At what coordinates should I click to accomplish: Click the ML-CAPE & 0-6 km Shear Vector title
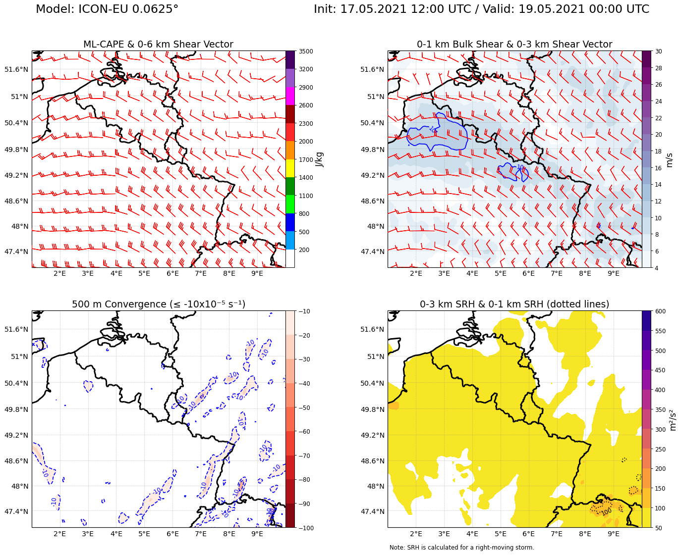click(x=158, y=45)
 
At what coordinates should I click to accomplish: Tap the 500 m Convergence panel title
click(x=158, y=304)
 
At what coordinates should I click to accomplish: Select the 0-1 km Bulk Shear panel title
click(x=514, y=45)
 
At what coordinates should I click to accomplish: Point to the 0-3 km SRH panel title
click(x=514, y=304)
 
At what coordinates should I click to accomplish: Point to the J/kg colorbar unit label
click(x=320, y=159)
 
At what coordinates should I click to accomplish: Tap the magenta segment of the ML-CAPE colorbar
click(x=290, y=96)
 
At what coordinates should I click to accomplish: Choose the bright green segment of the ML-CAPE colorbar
click(x=290, y=204)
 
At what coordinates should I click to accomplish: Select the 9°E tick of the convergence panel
click(x=257, y=534)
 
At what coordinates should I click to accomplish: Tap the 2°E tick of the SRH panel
click(x=416, y=534)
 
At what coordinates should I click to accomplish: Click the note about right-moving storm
click(x=461, y=548)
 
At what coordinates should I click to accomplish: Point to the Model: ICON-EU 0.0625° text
click(x=107, y=9)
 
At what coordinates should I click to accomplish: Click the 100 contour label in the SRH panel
click(x=606, y=512)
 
